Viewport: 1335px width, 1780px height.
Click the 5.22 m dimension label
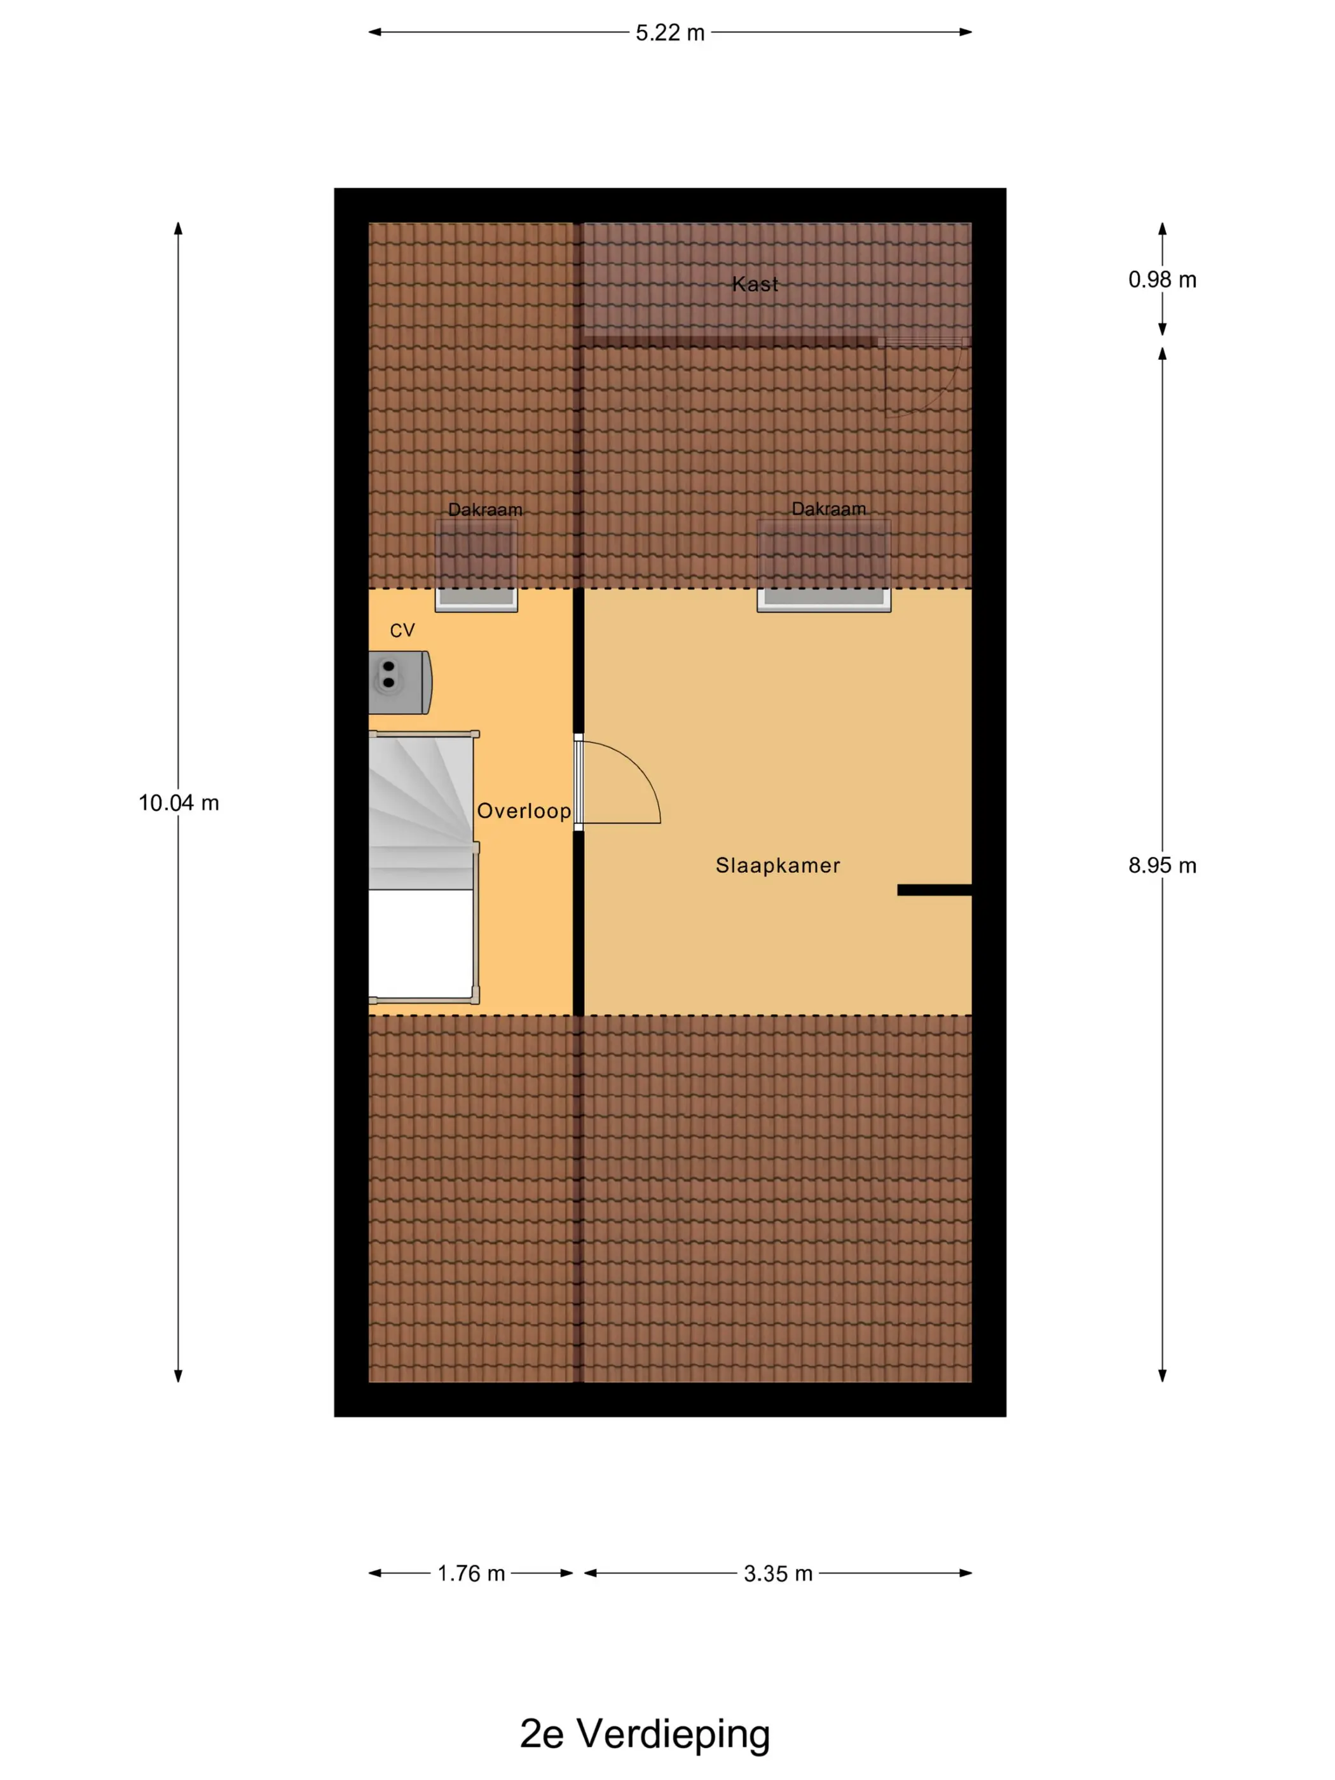click(669, 33)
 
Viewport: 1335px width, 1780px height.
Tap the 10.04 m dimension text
click(179, 802)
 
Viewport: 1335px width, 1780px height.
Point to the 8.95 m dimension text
click(1162, 865)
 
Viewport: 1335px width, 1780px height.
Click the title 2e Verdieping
click(645, 1734)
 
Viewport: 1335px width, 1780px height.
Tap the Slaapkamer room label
click(777, 865)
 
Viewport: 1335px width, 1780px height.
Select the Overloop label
click(524, 811)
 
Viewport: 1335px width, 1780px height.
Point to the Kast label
click(755, 284)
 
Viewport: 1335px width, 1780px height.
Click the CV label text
click(402, 631)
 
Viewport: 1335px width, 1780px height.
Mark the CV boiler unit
click(400, 682)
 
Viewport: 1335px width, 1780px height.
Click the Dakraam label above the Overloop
click(485, 509)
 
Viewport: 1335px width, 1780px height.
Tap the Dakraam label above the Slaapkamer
click(829, 509)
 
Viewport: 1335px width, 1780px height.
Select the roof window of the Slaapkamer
click(823, 566)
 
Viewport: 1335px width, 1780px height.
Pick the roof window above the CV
click(476, 566)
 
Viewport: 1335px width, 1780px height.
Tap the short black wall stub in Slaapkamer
click(934, 890)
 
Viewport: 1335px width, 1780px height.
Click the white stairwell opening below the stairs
click(421, 944)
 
